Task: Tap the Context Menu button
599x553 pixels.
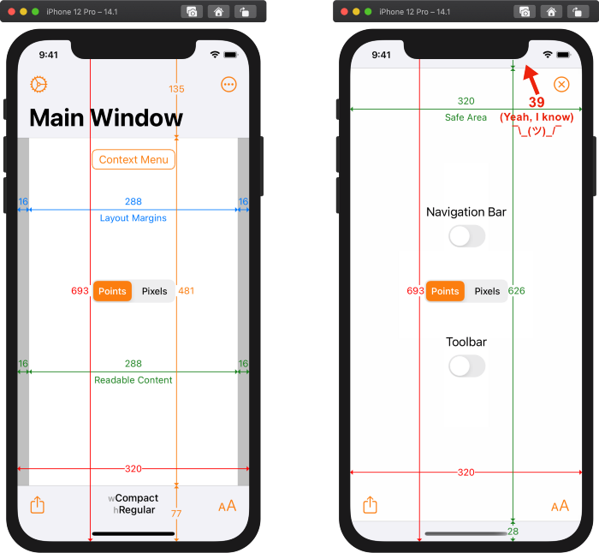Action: tap(133, 159)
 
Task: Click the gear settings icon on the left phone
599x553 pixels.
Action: tap(39, 85)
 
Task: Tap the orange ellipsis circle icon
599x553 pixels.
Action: tap(228, 85)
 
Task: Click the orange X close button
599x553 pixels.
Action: tap(561, 85)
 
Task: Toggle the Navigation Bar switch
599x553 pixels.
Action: tap(467, 236)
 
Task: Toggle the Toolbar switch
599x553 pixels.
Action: tap(467, 366)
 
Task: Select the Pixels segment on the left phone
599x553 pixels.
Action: tap(154, 291)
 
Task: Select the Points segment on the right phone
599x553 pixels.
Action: tap(445, 291)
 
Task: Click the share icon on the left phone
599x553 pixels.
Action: tap(38, 505)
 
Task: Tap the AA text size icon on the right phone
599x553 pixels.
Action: tap(560, 506)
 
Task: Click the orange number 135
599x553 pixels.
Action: tap(176, 89)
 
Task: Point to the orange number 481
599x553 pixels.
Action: tap(186, 291)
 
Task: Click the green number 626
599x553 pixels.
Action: tap(517, 291)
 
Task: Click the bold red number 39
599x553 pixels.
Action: tap(537, 102)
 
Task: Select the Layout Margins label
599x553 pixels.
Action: tap(133, 217)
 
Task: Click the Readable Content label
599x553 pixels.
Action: tap(133, 380)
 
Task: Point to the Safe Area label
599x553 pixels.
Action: tap(466, 117)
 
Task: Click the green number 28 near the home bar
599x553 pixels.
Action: tap(513, 532)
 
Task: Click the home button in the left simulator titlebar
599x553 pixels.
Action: tap(218, 12)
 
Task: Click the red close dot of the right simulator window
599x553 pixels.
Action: tap(344, 12)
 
